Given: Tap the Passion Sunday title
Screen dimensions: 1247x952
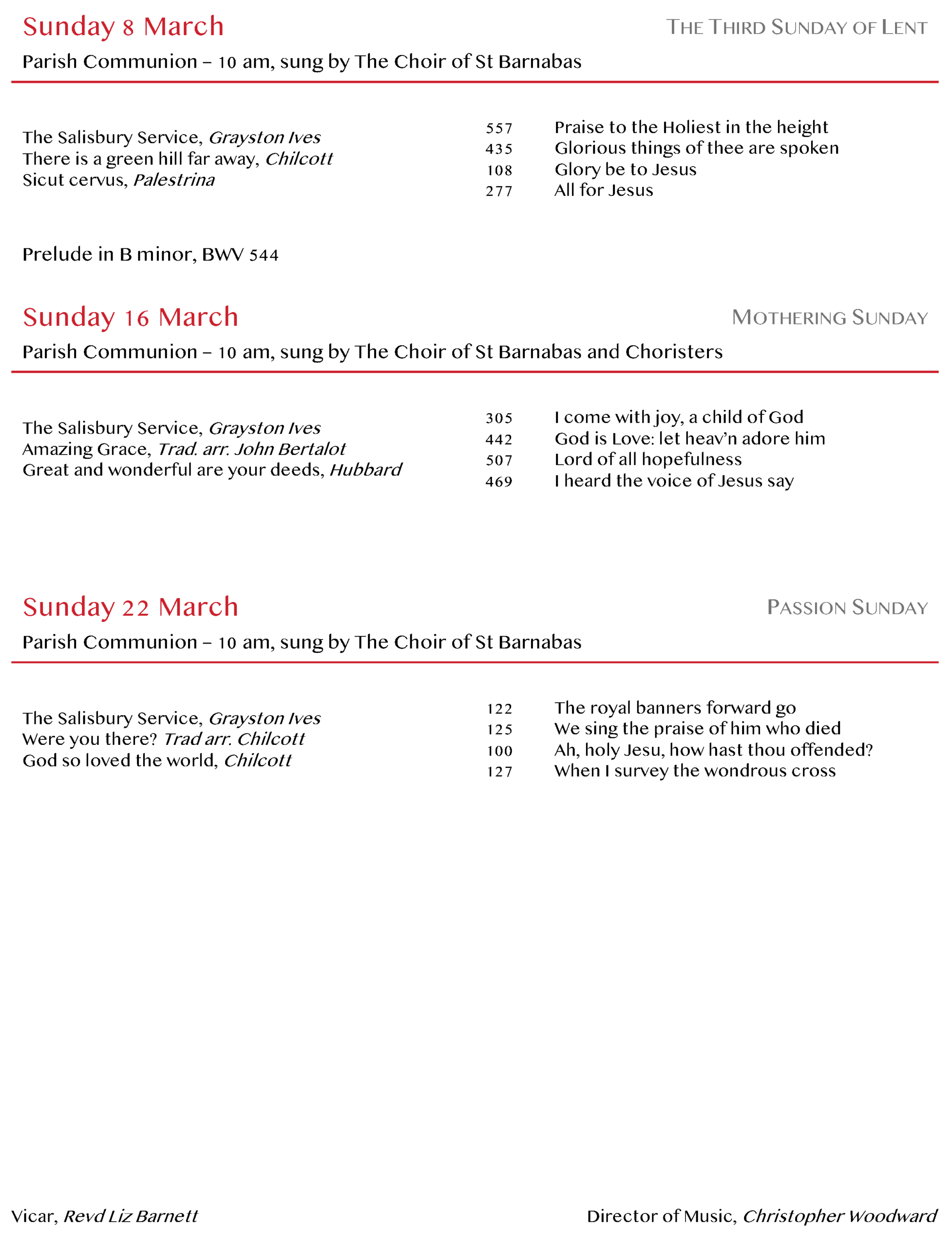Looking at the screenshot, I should pyautogui.click(x=847, y=607).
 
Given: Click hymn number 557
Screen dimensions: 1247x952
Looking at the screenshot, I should pyautogui.click(x=499, y=129).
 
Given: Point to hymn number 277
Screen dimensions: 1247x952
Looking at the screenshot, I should pyautogui.click(x=499, y=191).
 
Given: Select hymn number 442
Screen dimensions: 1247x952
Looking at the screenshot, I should pyautogui.click(x=499, y=440).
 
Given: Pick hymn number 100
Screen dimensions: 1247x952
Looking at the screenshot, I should pyautogui.click(x=499, y=751).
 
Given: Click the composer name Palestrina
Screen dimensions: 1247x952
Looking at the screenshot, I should pyautogui.click(x=174, y=180).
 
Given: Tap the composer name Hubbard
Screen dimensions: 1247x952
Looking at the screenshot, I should pyautogui.click(x=365, y=470).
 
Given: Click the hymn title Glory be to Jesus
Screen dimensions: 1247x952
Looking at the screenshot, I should pyautogui.click(x=625, y=170).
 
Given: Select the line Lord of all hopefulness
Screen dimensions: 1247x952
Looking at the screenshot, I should pyautogui.click(x=647, y=459).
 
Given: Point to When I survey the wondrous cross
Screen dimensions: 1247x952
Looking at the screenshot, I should pyautogui.click(x=695, y=771).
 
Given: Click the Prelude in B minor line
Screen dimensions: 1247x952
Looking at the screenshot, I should pyautogui.click(x=150, y=254).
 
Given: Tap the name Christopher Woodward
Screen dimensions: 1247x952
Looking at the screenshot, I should pyautogui.click(x=840, y=1216).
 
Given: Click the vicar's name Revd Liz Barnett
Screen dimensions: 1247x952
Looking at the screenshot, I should pyautogui.click(x=131, y=1216).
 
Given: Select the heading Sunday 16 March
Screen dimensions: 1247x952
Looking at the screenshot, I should pyautogui.click(x=131, y=317).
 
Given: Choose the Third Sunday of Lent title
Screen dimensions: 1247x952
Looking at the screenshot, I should pyautogui.click(x=796, y=27).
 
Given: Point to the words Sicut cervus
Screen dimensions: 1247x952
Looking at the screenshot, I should pyautogui.click(x=74, y=180).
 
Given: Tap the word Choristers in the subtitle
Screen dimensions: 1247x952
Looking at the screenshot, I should pyautogui.click(x=674, y=352).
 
